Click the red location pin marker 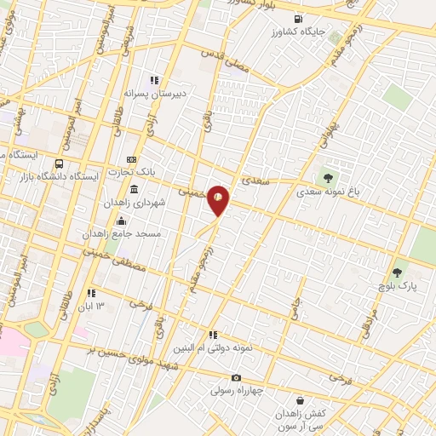point(219,199)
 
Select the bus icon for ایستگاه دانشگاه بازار point(59,163)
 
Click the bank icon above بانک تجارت point(130,159)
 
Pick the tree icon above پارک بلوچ point(396,273)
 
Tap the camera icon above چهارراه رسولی point(236,378)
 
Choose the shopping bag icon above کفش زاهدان point(300,400)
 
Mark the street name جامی point(295,308)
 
